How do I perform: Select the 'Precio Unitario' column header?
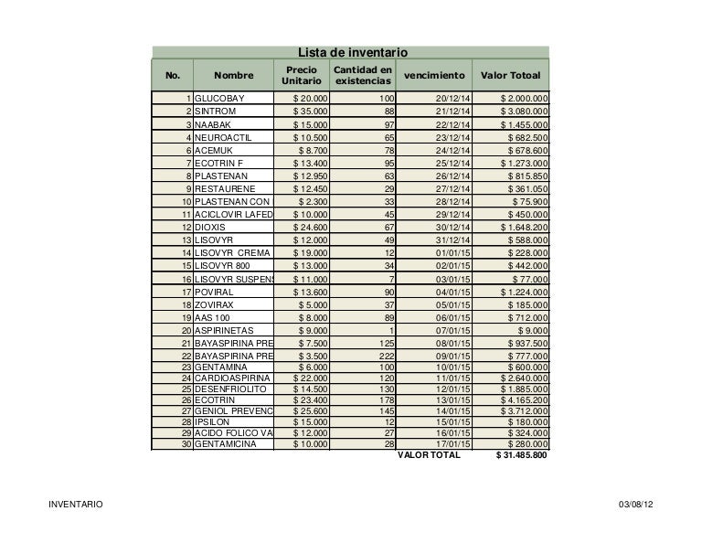302,76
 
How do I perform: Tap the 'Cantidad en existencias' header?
362,77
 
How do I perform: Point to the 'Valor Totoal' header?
511,75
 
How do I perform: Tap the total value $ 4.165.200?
524,399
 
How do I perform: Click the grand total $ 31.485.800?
521,455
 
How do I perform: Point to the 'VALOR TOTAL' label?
429,455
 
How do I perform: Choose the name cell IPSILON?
213,421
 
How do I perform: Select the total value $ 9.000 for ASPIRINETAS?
533,330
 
